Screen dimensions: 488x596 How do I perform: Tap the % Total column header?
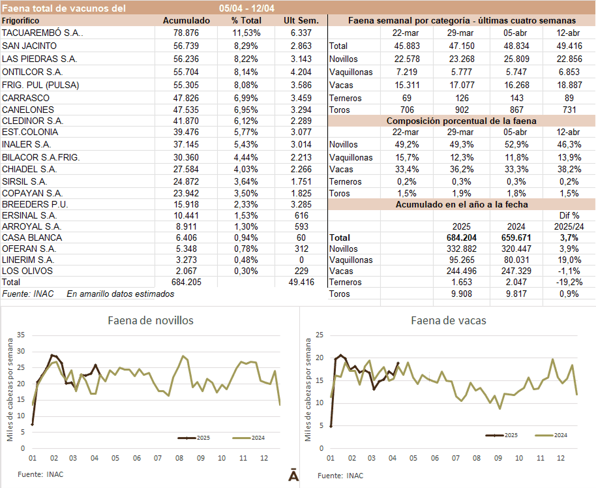(246, 20)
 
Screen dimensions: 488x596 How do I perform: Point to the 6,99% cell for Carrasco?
(246, 97)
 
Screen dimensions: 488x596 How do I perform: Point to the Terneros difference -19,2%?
(566, 282)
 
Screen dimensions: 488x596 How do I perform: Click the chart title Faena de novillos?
(150, 320)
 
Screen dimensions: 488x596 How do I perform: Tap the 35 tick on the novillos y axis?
(20, 335)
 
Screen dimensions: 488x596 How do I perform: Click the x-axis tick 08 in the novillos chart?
(179, 459)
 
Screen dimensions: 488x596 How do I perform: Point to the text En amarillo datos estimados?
(120, 294)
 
